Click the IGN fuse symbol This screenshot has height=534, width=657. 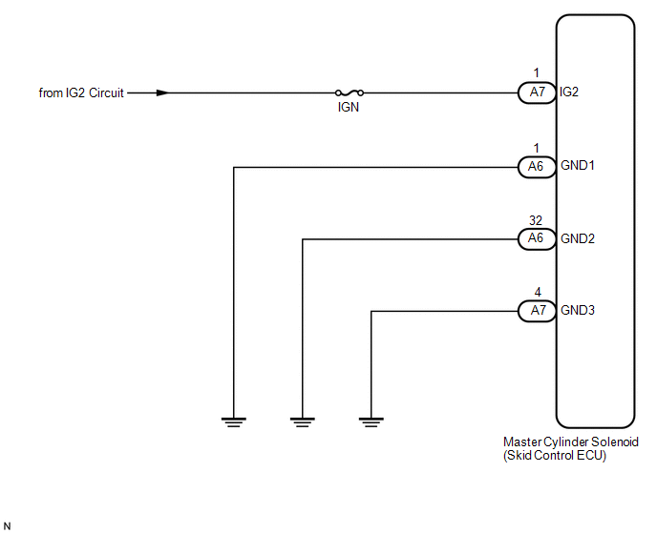click(x=350, y=92)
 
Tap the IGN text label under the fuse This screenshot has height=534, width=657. click(x=349, y=108)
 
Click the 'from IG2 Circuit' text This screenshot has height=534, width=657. click(x=81, y=92)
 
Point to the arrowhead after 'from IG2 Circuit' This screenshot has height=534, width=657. click(x=162, y=92)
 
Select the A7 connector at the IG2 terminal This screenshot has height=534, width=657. click(x=538, y=92)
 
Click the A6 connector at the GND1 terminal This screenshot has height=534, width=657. click(x=538, y=167)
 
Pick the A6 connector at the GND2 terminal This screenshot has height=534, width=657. click(x=538, y=239)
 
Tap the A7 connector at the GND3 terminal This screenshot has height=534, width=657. click(x=538, y=311)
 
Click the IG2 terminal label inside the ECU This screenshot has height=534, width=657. click(x=569, y=92)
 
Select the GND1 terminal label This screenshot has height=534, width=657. click(x=578, y=166)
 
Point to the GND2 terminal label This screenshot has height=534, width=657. click(x=578, y=239)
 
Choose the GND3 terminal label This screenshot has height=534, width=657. click(x=578, y=311)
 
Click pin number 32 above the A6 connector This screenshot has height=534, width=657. click(x=536, y=220)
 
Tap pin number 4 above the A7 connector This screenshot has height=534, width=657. click(x=538, y=292)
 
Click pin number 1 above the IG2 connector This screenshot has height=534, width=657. click(x=537, y=73)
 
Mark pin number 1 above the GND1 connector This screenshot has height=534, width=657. click(x=537, y=148)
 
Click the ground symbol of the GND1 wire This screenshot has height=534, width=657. click(x=234, y=421)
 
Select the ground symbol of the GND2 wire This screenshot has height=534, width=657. click(x=303, y=421)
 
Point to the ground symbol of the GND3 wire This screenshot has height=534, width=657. click(x=371, y=421)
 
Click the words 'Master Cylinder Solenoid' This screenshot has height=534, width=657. click(x=571, y=442)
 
